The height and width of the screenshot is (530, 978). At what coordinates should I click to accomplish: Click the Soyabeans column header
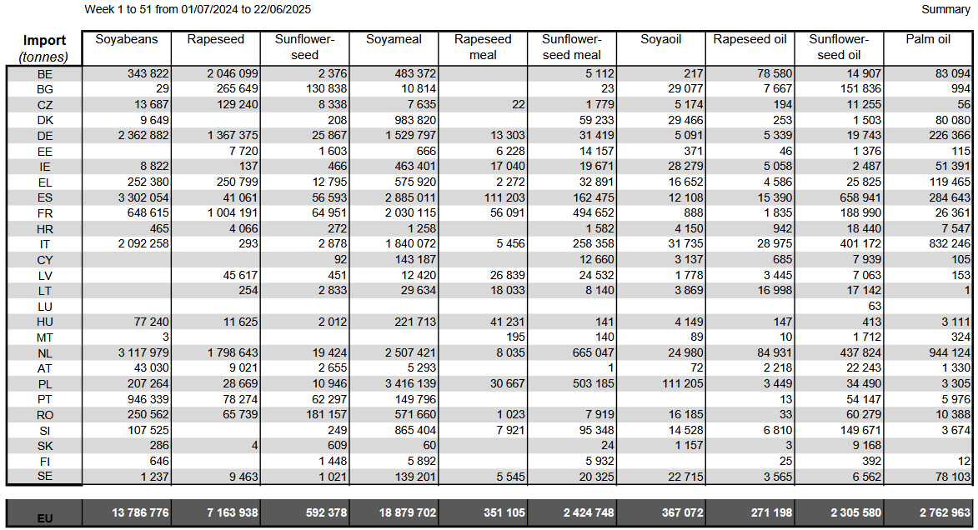click(x=127, y=39)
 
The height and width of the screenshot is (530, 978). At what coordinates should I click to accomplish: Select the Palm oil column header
click(x=927, y=39)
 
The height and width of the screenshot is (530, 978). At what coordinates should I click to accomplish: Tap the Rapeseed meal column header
click(x=483, y=47)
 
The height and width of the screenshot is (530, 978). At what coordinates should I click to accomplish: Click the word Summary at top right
click(x=945, y=9)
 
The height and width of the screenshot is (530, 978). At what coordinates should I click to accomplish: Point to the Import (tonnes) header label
click(x=44, y=48)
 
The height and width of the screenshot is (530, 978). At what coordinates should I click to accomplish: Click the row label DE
click(x=45, y=136)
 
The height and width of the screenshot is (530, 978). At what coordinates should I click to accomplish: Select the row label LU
click(x=45, y=307)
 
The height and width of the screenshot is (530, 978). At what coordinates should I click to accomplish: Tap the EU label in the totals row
click(x=45, y=518)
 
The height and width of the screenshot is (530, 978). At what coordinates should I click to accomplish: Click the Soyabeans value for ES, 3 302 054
click(x=143, y=197)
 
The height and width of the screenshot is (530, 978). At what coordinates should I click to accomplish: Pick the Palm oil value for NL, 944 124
click(x=950, y=353)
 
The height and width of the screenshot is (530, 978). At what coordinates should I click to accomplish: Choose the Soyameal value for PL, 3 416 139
click(x=410, y=383)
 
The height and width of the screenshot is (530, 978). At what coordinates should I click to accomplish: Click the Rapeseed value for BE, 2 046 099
click(x=233, y=73)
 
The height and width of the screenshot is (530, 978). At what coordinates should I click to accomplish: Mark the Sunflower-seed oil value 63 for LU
click(x=875, y=306)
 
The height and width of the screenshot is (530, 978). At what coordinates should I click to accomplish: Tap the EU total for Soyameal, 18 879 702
click(x=408, y=512)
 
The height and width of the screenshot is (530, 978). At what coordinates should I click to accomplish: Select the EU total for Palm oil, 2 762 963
click(x=945, y=512)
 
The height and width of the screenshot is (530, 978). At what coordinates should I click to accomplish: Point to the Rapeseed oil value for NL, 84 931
click(x=775, y=353)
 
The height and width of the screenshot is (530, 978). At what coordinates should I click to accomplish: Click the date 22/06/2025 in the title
click(x=282, y=9)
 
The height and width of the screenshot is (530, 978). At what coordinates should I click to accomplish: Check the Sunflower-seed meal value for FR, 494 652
click(x=593, y=213)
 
